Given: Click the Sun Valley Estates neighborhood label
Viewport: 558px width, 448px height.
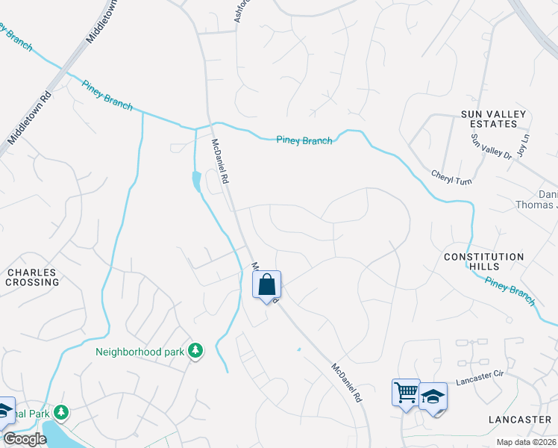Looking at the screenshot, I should (493, 119).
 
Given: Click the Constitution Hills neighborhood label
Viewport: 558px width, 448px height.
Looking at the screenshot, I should (484, 262).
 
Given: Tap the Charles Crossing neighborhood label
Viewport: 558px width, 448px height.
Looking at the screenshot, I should (31, 278).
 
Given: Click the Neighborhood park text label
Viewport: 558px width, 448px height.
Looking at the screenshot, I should (139, 351).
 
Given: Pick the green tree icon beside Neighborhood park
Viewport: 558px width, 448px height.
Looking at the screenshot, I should (195, 350).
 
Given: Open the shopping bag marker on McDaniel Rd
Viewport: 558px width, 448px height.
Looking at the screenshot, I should (267, 284).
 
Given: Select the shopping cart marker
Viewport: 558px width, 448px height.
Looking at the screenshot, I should (406, 393).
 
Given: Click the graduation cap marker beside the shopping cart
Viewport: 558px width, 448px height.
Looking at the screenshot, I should (433, 396).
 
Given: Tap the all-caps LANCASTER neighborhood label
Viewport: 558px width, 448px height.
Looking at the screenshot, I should (519, 420).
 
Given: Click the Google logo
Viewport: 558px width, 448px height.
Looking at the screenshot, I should (25, 439).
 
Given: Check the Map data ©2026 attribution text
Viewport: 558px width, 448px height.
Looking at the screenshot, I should (526, 442).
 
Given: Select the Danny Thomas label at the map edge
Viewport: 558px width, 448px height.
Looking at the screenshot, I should (537, 199).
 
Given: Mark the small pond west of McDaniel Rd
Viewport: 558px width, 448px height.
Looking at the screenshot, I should (196, 180).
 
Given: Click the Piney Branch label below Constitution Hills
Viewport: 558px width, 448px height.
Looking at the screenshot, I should (510, 290).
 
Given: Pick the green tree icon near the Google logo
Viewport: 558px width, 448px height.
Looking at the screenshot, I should (61, 412).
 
